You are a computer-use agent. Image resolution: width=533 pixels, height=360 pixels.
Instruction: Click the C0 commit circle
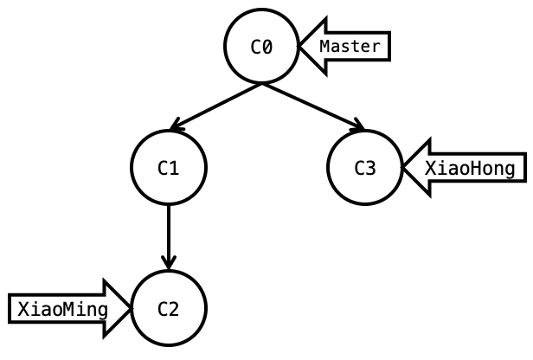pyautogui.click(x=261, y=47)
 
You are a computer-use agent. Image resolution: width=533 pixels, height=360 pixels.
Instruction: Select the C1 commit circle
pyautogui.click(x=169, y=167)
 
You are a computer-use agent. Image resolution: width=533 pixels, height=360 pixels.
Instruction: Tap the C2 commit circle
pyautogui.click(x=169, y=308)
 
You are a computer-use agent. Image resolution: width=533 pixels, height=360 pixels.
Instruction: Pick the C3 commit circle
pyautogui.click(x=365, y=167)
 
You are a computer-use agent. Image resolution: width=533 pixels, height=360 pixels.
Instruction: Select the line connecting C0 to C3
pyautogui.click(x=311, y=106)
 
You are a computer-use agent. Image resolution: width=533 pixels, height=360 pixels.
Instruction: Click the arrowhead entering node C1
pyautogui.click(x=176, y=126)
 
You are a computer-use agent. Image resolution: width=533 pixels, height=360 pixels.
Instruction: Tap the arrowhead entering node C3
pyautogui.click(x=357, y=126)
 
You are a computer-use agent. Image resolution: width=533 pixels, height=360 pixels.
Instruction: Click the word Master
pyautogui.click(x=350, y=47)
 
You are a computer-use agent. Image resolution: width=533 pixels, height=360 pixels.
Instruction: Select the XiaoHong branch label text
pyautogui.click(x=475, y=168)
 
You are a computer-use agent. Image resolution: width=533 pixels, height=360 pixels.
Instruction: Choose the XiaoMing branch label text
pyautogui.click(x=63, y=309)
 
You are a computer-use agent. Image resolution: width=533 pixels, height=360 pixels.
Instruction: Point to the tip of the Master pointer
pyautogui.click(x=301, y=47)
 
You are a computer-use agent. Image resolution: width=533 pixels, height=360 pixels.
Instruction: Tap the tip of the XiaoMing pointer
pyautogui.click(x=130, y=308)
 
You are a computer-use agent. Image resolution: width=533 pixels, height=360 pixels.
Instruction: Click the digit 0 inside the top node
pyautogui.click(x=267, y=48)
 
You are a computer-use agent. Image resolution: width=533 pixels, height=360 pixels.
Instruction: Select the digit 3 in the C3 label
pyautogui.click(x=371, y=168)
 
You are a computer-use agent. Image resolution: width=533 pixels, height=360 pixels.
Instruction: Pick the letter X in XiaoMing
pyautogui.click(x=23, y=309)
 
